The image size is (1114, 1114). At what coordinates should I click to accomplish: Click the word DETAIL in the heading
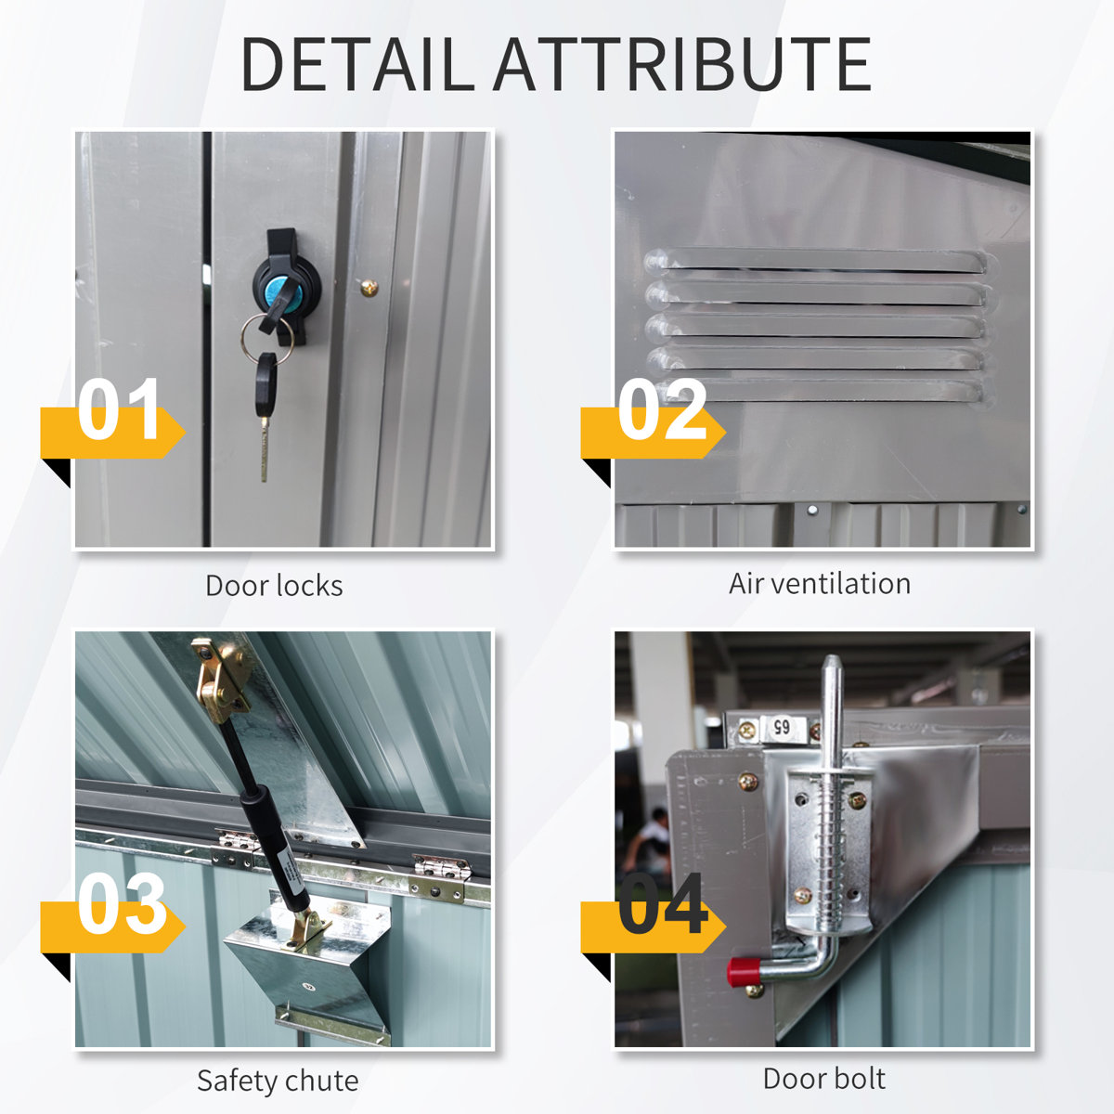click(x=357, y=64)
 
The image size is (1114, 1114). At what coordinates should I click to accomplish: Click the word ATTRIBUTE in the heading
click(x=682, y=64)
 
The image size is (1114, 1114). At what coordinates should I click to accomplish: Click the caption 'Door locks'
click(x=274, y=586)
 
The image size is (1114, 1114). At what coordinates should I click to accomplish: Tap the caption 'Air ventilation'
click(x=820, y=584)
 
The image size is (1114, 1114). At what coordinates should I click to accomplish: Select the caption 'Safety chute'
click(x=278, y=1081)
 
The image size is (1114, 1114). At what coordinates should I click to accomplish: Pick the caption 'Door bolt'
click(x=823, y=1079)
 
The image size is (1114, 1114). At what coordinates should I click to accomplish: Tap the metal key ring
click(x=266, y=339)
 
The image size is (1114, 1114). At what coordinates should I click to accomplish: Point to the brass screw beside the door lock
click(x=369, y=287)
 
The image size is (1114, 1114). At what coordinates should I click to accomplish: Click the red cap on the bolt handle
click(x=743, y=972)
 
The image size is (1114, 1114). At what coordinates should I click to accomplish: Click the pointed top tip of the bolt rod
click(x=831, y=656)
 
